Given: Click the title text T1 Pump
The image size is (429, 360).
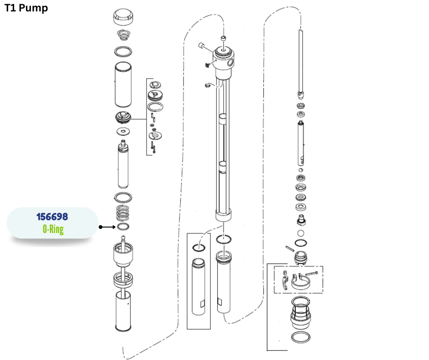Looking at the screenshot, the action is [26, 8].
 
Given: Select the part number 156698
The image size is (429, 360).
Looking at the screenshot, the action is [52, 217].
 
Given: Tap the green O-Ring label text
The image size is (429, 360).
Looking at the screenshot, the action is [53, 229].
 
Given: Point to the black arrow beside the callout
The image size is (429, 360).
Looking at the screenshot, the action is [107, 227].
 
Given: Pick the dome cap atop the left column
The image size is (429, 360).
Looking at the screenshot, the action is [123, 17].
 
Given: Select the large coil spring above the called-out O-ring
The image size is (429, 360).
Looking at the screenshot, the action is [123, 213].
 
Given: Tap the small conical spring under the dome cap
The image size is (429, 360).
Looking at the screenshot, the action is [124, 35].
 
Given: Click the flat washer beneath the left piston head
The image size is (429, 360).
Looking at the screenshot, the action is [123, 132].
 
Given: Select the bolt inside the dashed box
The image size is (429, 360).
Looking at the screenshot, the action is [312, 273].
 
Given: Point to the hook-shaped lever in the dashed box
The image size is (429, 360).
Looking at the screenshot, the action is [285, 283].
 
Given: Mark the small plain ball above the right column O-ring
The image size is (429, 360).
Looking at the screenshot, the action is [300, 233].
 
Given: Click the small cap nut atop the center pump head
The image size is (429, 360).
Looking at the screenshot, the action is [224, 38].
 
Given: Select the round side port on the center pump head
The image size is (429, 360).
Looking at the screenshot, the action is [230, 63].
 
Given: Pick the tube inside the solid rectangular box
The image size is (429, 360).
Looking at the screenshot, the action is [199, 286].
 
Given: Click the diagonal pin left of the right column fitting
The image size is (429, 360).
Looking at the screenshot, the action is [290, 248].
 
